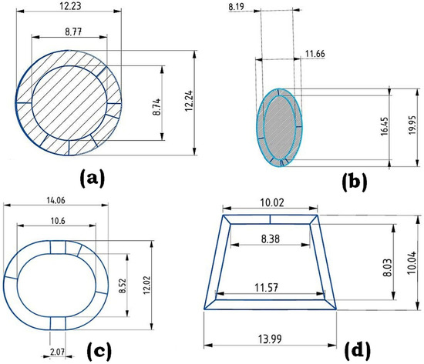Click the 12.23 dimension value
pos(70,6)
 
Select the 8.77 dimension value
pos(73,32)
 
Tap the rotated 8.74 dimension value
pos(156,107)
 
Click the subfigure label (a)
pos(92,178)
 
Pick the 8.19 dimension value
pos(237,7)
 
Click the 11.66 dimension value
pos(315,54)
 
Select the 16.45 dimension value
pos(384,126)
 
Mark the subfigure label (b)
pos(355,182)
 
